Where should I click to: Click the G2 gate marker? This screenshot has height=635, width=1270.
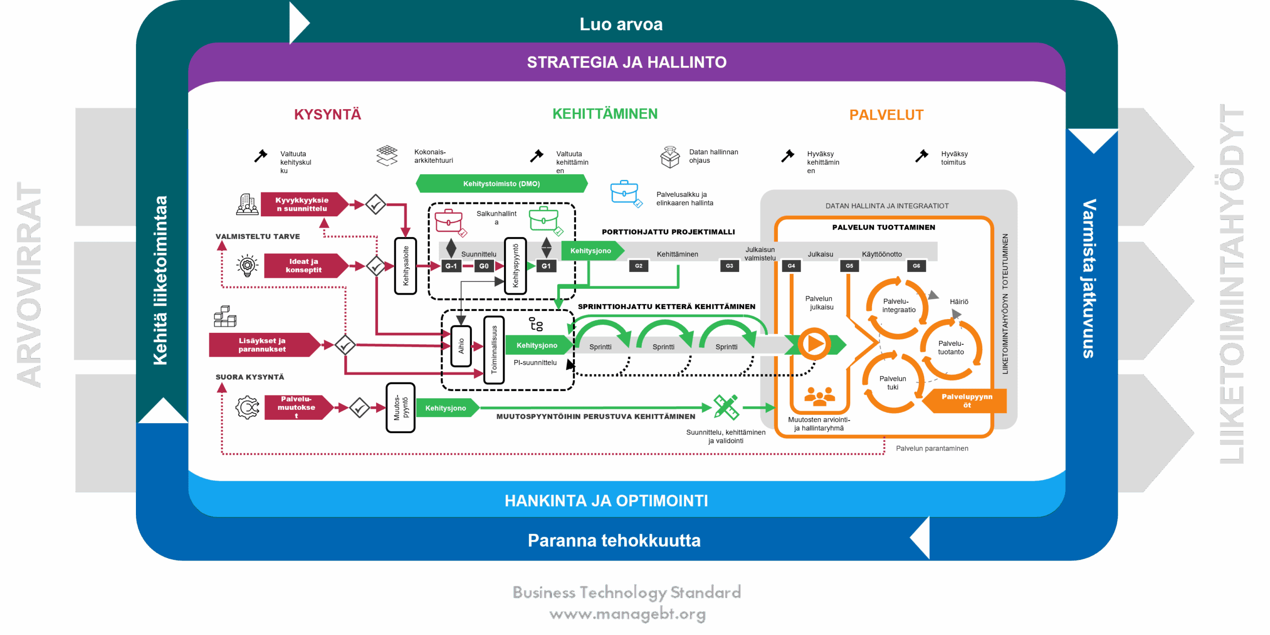pyautogui.click(x=638, y=266)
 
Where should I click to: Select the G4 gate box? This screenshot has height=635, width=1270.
pyautogui.click(x=791, y=266)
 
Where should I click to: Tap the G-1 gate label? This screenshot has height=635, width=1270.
pyautogui.click(x=451, y=266)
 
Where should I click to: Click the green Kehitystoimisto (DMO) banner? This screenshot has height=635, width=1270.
pyautogui.click(x=502, y=184)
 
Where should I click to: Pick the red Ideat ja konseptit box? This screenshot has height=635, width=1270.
pyautogui.click(x=304, y=265)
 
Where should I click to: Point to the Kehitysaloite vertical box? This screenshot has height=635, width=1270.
pyautogui.click(x=405, y=266)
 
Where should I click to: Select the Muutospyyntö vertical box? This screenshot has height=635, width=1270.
pyautogui.click(x=400, y=408)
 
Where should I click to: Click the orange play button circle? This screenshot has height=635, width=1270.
pyautogui.click(x=814, y=344)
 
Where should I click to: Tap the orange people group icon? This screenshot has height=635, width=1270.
pyautogui.click(x=820, y=396)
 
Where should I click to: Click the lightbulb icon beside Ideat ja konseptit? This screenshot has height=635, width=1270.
pyautogui.click(x=247, y=266)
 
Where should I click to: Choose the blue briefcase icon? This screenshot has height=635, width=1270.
pyautogui.click(x=625, y=192)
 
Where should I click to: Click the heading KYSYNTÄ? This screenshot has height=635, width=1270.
pyautogui.click(x=327, y=115)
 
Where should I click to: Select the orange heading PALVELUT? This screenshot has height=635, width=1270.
pyautogui.click(x=886, y=115)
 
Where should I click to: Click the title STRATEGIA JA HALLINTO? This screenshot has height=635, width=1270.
pyautogui.click(x=627, y=63)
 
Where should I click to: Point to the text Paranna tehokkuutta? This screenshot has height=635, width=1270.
pyautogui.click(x=614, y=540)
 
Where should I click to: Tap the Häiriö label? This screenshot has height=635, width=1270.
pyautogui.click(x=959, y=302)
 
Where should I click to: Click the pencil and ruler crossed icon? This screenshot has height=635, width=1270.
pyautogui.click(x=726, y=407)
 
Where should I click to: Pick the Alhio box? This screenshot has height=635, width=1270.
pyautogui.click(x=461, y=346)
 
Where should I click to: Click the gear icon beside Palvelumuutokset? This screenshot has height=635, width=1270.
pyautogui.click(x=248, y=408)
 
